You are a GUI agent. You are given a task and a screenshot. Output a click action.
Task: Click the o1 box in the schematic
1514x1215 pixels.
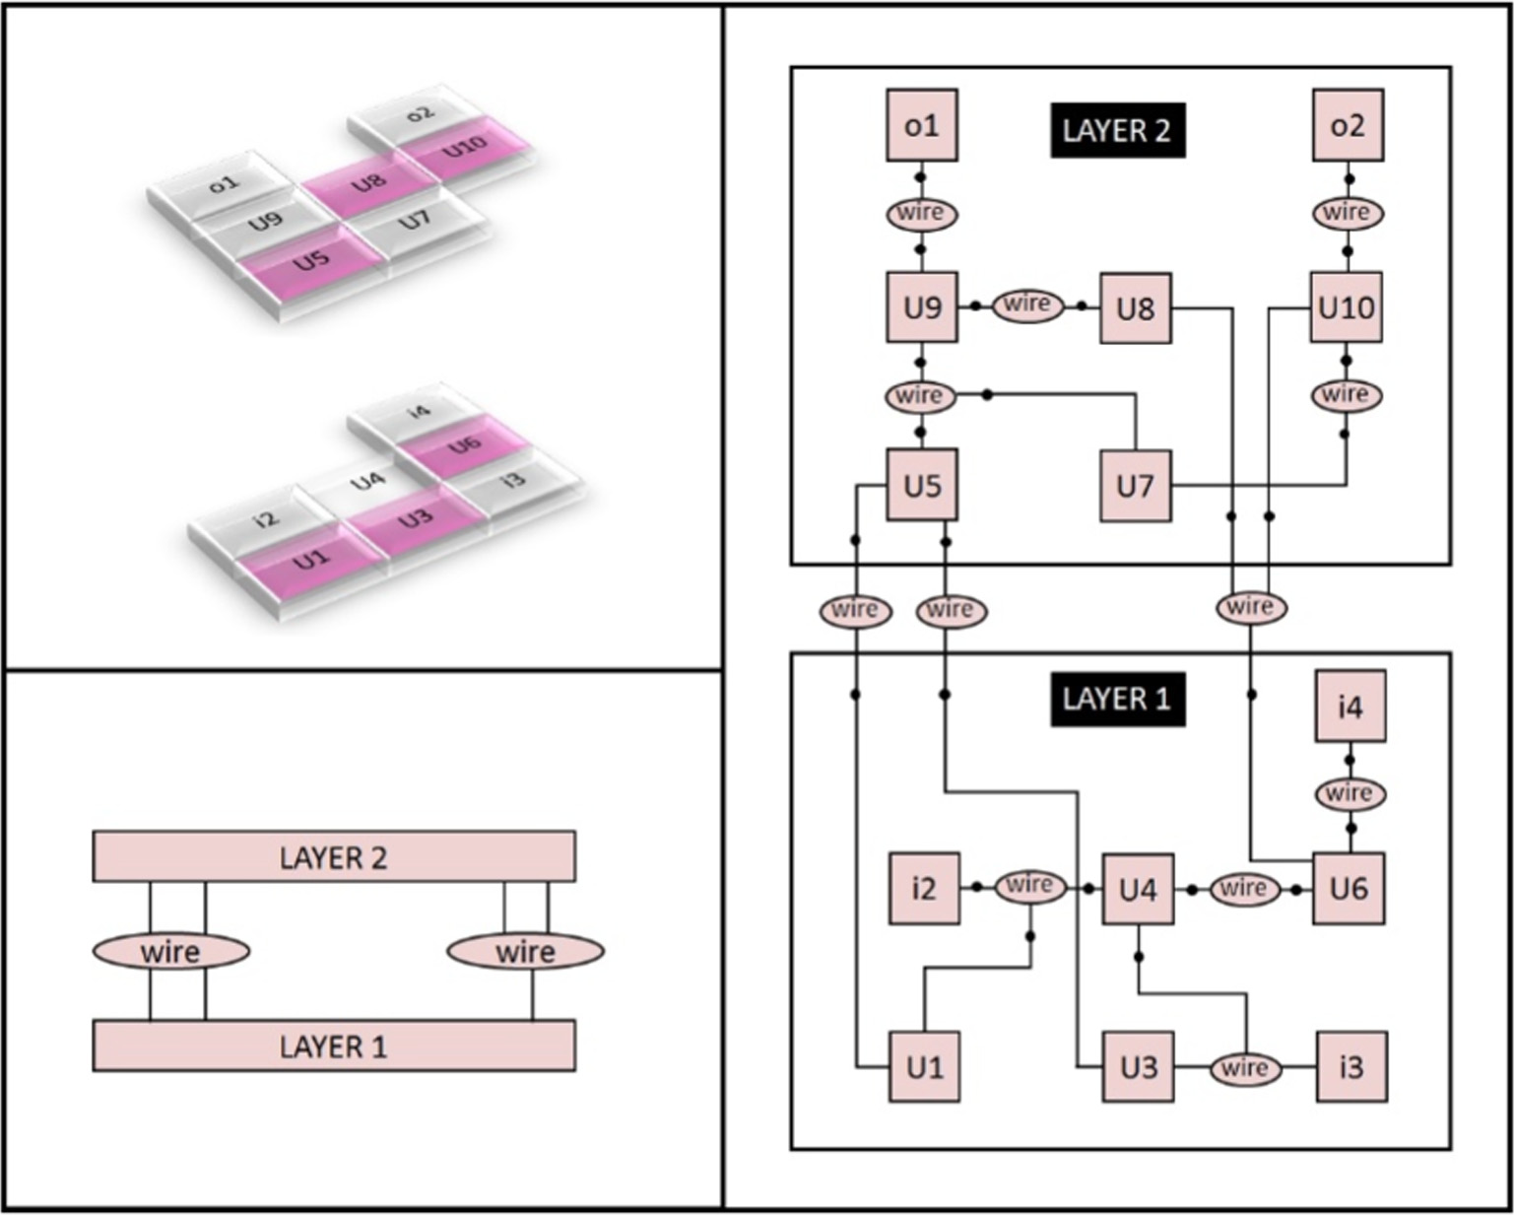[x=922, y=125]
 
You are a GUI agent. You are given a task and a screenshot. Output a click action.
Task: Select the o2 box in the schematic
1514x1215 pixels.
[x=1348, y=125]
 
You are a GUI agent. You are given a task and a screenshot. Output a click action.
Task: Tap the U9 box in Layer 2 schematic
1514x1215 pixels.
[x=922, y=307]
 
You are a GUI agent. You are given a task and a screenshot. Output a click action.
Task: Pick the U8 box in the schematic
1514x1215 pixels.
[x=1135, y=308]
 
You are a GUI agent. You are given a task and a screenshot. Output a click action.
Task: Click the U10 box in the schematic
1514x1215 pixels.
[x=1347, y=307]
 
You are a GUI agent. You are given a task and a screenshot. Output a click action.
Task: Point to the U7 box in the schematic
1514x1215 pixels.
[x=1135, y=485]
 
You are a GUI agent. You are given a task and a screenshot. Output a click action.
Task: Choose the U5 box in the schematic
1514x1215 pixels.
[x=922, y=485]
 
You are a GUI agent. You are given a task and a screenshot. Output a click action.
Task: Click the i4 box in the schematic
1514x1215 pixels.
[x=1350, y=707]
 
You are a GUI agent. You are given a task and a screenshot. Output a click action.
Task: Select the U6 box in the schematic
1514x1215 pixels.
[x=1349, y=889]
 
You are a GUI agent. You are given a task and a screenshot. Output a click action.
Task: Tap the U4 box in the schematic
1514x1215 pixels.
[x=1138, y=889]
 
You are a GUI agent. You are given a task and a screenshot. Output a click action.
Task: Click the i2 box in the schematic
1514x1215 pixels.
[x=924, y=889]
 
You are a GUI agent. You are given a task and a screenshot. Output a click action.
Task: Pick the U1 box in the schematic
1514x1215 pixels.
[x=925, y=1066]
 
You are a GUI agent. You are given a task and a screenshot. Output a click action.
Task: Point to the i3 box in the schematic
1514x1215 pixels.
[x=1351, y=1066]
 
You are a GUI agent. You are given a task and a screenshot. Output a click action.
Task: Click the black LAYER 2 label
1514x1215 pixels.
[x=1117, y=130]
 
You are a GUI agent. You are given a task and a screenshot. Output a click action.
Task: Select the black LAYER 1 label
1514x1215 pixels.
[x=1117, y=699]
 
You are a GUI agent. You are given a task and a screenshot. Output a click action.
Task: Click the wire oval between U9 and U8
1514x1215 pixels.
[x=1027, y=304]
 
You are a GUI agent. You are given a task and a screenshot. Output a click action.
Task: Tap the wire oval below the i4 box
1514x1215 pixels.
[x=1349, y=793]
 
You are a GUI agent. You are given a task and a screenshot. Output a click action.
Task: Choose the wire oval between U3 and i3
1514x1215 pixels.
[x=1245, y=1068]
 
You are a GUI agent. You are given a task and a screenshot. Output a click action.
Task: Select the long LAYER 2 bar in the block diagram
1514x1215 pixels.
[x=334, y=856]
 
